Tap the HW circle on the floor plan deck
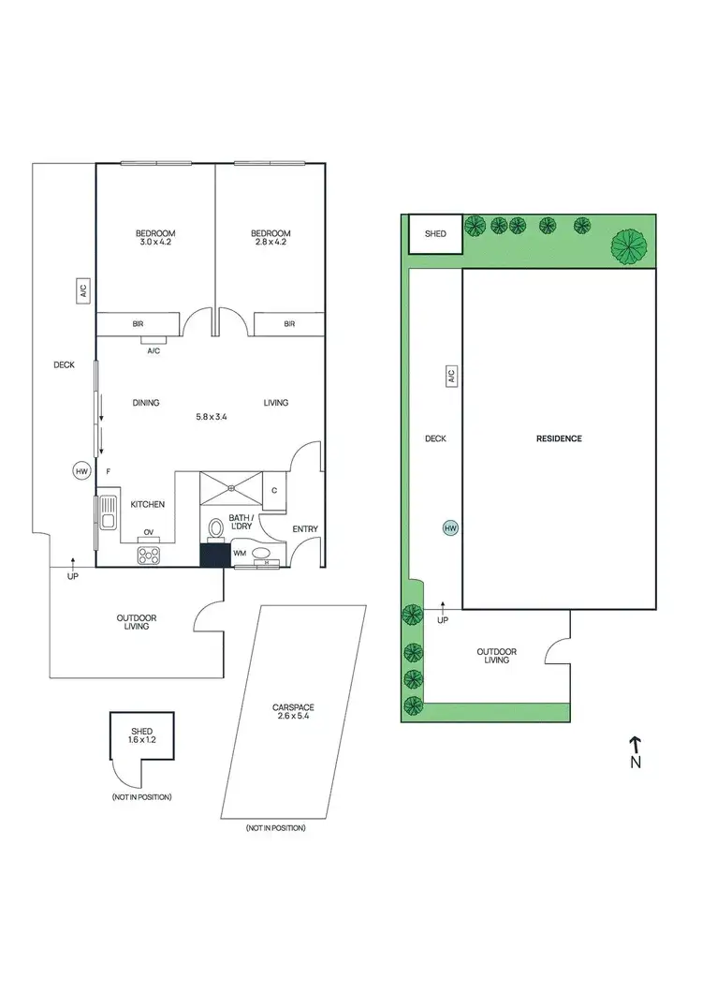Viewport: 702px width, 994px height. coord(81,472)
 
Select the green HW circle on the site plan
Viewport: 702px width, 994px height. coord(450,528)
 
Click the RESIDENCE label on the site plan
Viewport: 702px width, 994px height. coord(559,438)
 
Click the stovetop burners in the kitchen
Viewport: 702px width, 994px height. coord(148,555)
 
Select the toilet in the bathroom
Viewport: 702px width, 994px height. coord(214,528)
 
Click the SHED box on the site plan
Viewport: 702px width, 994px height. coord(435,234)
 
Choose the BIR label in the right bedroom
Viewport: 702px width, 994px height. coord(288,324)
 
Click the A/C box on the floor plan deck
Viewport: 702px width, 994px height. coord(82,291)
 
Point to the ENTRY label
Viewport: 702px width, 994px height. coord(305,529)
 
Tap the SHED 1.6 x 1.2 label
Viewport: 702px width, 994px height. coord(141,735)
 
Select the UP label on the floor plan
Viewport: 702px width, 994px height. coord(72,575)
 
